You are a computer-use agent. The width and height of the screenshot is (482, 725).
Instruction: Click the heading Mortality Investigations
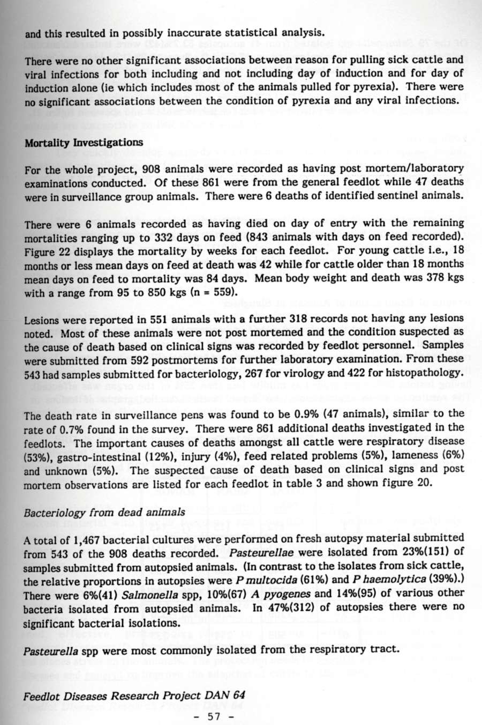point(84,142)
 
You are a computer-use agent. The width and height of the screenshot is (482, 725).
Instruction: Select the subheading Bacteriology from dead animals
point(105,512)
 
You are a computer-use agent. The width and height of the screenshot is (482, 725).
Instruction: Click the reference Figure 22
point(47,251)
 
